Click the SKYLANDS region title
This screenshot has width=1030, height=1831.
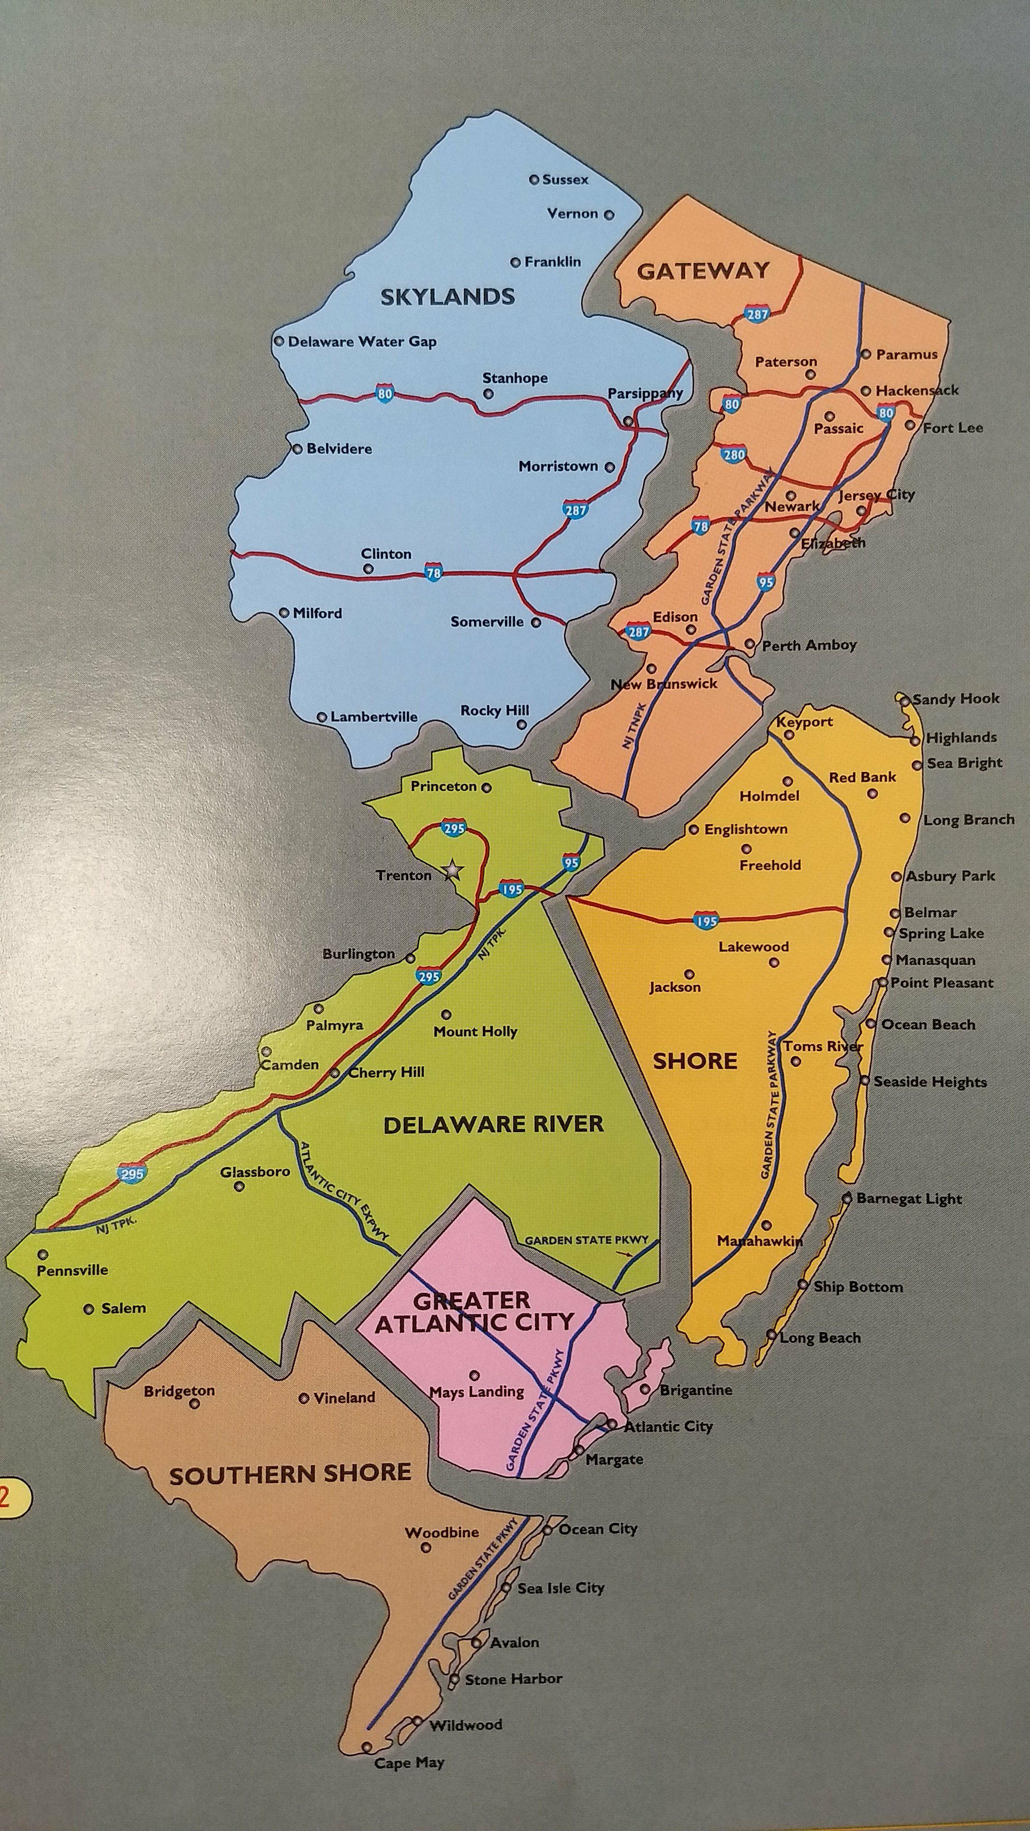(447, 297)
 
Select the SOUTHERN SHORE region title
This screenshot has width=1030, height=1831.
(290, 1475)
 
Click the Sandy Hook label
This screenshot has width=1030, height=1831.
(956, 699)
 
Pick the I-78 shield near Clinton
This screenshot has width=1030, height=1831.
(432, 571)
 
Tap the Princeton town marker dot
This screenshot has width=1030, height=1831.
(486, 787)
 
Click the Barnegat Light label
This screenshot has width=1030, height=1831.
(908, 1198)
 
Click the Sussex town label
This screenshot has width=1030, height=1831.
(565, 180)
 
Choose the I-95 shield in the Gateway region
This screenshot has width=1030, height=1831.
(766, 583)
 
